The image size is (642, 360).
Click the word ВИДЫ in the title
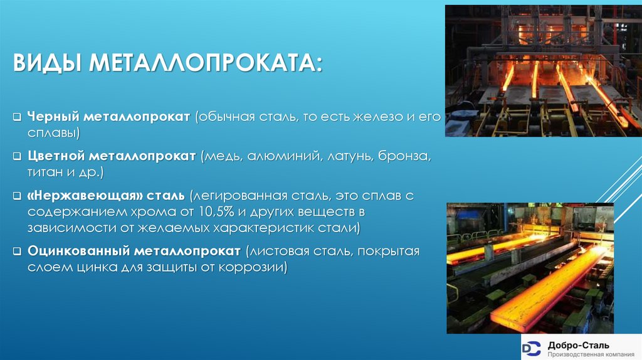tap(47, 63)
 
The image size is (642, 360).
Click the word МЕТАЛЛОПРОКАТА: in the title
tap(206, 63)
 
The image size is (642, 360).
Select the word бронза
tap(404, 156)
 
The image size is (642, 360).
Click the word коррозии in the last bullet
tap(256, 267)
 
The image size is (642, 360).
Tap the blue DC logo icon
tap(532, 347)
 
